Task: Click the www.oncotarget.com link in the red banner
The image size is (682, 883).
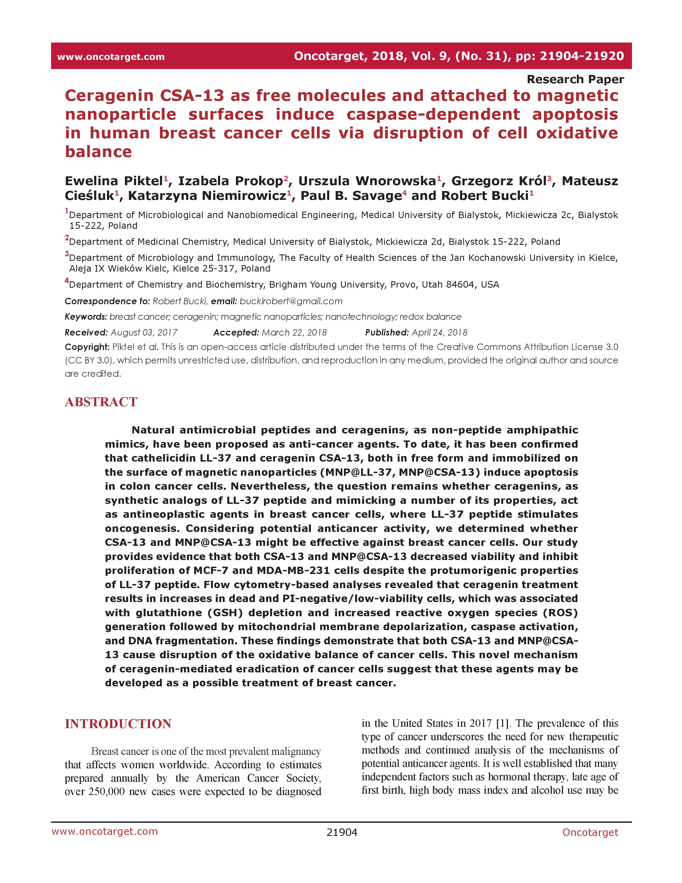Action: tap(111, 57)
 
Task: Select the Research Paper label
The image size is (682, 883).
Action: tap(575, 79)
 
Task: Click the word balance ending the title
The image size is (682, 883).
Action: tap(99, 152)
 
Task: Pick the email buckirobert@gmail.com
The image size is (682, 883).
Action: tap(291, 301)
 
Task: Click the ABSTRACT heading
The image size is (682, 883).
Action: tap(101, 402)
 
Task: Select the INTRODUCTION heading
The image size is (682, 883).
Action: tap(118, 724)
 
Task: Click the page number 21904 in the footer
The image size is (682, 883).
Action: tap(342, 832)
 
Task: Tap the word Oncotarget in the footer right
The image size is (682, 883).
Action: tap(590, 832)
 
